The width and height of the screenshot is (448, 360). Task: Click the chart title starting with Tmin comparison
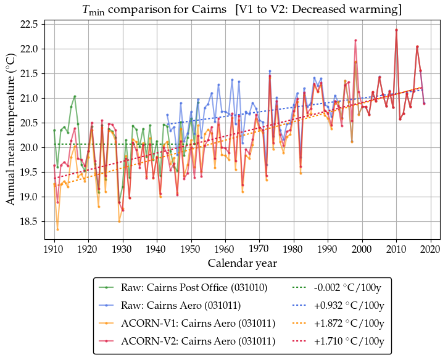(x=242, y=10)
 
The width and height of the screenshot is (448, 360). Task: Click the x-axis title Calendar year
(x=242, y=263)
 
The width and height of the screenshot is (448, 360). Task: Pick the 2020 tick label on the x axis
(x=430, y=248)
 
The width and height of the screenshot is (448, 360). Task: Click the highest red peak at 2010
(x=396, y=30)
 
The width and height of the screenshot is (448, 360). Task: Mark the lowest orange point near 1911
(x=57, y=229)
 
